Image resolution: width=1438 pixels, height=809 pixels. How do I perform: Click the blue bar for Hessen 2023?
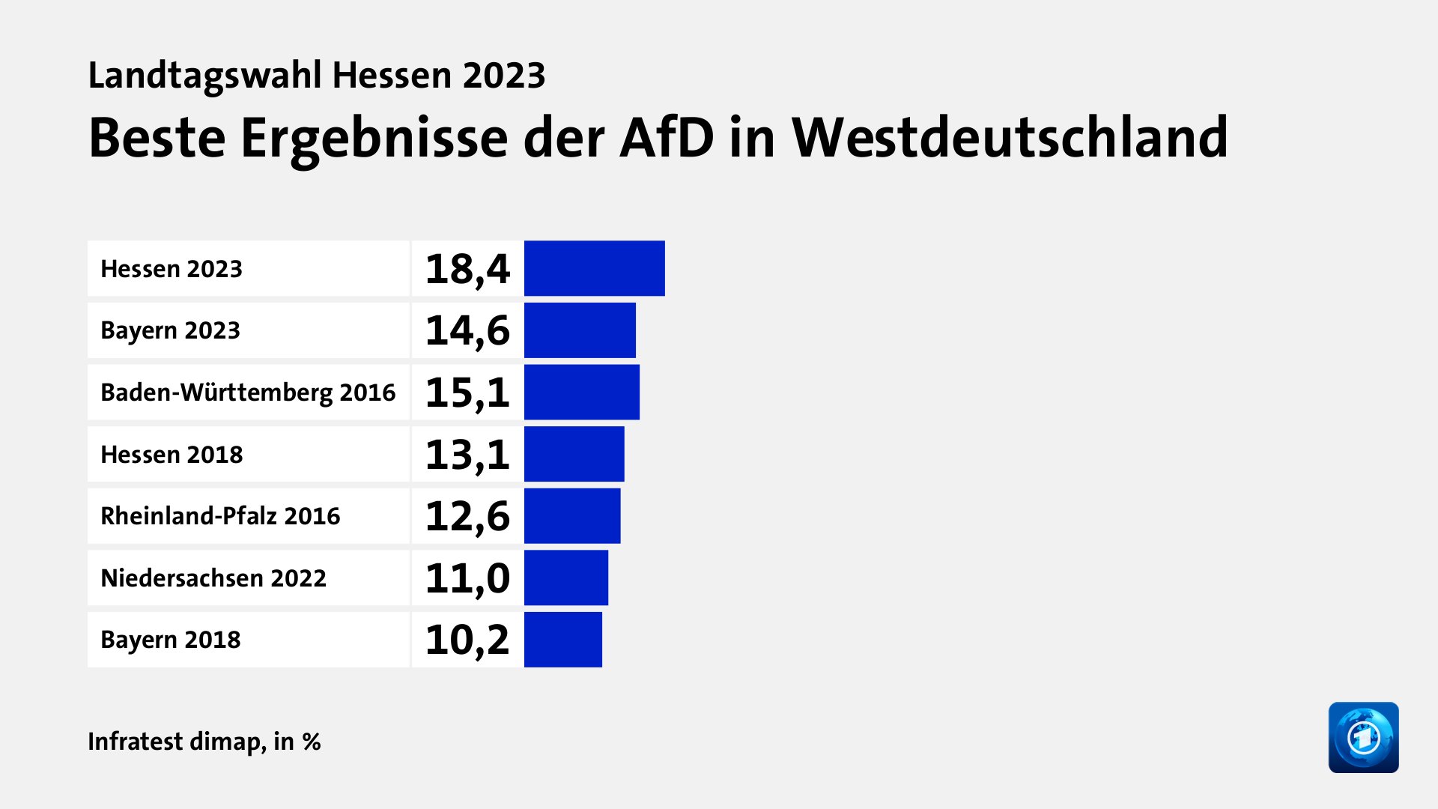594,268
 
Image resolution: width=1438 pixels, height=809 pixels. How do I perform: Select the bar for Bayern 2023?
580,330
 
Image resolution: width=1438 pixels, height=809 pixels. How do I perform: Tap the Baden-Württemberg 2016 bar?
582,392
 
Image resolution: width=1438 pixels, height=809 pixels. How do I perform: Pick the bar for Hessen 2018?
574,454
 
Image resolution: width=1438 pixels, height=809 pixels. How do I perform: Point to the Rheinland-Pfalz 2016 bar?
572,516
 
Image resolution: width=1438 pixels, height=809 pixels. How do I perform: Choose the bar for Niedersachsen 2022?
566,578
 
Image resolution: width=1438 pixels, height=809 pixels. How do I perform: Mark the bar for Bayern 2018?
563,640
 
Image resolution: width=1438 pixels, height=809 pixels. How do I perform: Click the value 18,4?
467,269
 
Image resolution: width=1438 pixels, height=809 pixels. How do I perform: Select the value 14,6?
467,330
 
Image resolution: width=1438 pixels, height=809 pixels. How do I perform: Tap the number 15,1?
467,393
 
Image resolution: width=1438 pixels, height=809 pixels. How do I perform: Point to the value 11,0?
467,578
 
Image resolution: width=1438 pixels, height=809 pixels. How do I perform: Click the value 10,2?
467,640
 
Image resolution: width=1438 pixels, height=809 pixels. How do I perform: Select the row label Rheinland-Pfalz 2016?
220,516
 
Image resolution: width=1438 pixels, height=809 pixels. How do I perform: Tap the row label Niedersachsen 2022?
213,578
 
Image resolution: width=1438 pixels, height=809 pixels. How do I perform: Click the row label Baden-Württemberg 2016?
248,393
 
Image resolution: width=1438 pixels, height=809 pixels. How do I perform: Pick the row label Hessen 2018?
172,455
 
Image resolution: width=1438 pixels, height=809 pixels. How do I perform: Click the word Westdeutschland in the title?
1010,138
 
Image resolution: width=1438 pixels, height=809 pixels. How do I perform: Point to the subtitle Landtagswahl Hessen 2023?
316,76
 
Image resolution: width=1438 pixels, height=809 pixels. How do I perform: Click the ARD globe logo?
1363,737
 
